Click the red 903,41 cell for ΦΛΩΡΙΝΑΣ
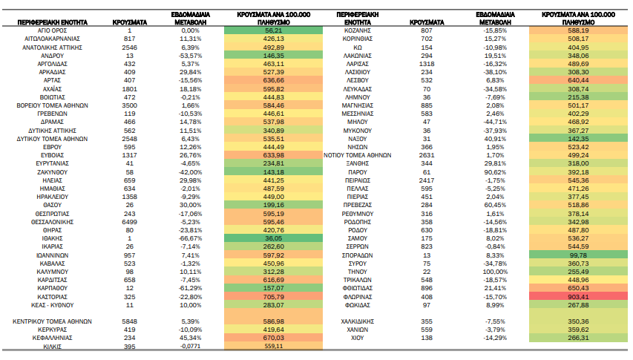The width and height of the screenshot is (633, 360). click(x=578, y=297)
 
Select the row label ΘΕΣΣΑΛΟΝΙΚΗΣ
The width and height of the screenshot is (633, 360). click(x=53, y=222)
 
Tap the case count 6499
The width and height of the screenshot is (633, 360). click(x=130, y=222)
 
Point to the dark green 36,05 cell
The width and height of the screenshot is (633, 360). click(x=273, y=238)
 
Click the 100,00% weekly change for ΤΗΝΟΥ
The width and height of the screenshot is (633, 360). click(x=495, y=272)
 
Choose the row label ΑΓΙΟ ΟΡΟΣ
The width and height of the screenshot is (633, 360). click(x=52, y=30)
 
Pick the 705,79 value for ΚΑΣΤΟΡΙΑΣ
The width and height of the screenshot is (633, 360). click(x=273, y=297)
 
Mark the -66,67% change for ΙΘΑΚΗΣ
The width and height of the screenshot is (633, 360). click(x=190, y=238)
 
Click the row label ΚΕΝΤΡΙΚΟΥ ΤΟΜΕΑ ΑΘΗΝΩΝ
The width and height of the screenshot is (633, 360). click(x=52, y=321)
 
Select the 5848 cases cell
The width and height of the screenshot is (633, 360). click(x=130, y=321)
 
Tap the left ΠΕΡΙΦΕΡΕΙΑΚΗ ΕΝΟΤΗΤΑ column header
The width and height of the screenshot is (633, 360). click(x=52, y=22)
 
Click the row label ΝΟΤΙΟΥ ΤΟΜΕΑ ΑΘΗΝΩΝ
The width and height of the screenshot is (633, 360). click(x=357, y=155)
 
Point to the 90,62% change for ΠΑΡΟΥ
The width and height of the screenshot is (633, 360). click(x=495, y=172)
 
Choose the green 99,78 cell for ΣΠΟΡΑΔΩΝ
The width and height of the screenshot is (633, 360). click(x=578, y=255)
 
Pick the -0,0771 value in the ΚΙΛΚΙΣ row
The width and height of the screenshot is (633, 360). click(x=190, y=346)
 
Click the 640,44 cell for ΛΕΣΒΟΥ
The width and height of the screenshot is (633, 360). click(x=578, y=80)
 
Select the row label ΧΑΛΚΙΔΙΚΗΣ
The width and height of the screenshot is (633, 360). click(x=357, y=321)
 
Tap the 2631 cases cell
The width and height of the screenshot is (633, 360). click(x=427, y=155)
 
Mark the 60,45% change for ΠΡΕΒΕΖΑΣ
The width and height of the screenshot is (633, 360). click(x=495, y=205)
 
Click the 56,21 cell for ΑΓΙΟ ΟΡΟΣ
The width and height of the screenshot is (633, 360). click(x=273, y=30)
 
